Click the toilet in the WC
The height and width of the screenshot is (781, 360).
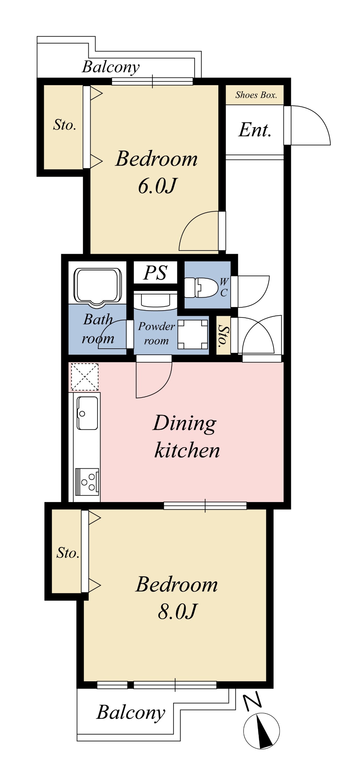coord(201,287)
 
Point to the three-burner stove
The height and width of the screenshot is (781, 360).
coord(87,481)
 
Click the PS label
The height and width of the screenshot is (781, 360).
coord(155,272)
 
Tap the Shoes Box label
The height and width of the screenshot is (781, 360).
coord(256,95)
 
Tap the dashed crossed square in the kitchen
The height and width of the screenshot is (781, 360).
coord(85,377)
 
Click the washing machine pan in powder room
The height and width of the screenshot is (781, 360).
coord(193,334)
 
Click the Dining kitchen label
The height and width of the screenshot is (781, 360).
coord(186,437)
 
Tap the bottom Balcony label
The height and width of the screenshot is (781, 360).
coord(131,713)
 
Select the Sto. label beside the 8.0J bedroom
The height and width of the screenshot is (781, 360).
coord(68,553)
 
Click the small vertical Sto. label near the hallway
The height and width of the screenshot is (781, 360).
coord(223,336)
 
